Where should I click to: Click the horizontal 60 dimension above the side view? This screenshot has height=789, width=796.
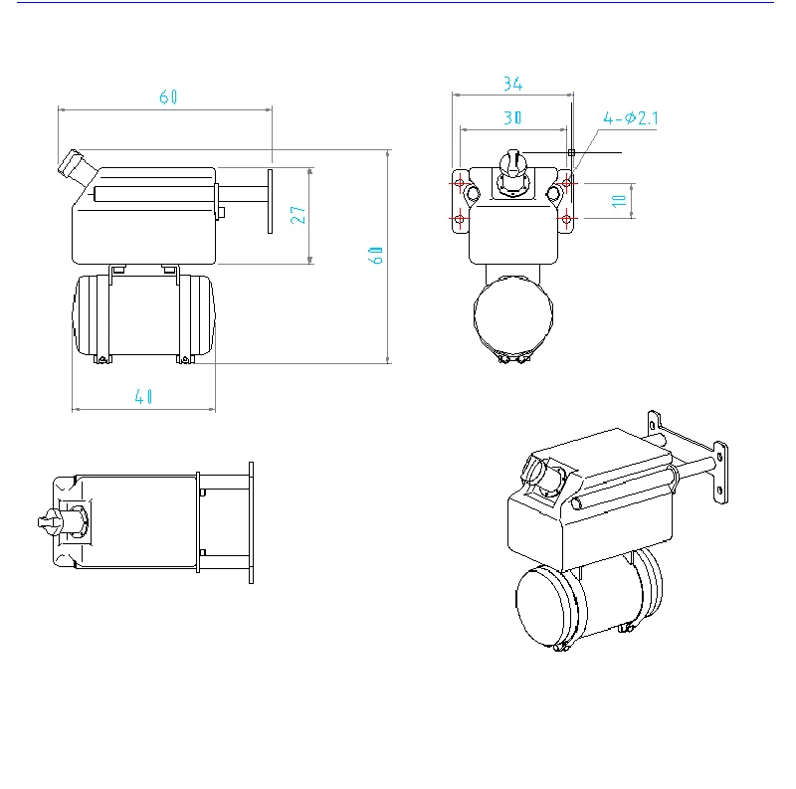pyautogui.click(x=167, y=97)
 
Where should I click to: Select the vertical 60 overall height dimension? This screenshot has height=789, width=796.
pyautogui.click(x=377, y=255)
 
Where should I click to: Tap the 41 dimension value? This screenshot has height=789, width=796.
pyautogui.click(x=143, y=395)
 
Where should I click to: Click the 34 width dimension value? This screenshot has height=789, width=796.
pyautogui.click(x=513, y=83)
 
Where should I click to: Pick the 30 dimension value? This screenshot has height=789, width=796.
pyautogui.click(x=513, y=116)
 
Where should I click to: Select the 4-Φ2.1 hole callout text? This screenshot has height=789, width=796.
pyautogui.click(x=631, y=117)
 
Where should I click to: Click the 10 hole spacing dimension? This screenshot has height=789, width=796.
pyautogui.click(x=619, y=200)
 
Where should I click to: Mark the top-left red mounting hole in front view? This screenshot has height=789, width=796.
pyautogui.click(x=460, y=184)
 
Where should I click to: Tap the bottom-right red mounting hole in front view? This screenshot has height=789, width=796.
pyautogui.click(x=566, y=218)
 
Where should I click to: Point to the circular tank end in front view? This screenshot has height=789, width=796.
pyautogui.click(x=512, y=316)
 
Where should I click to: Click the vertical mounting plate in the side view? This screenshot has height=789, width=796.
pyautogui.click(x=270, y=200)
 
